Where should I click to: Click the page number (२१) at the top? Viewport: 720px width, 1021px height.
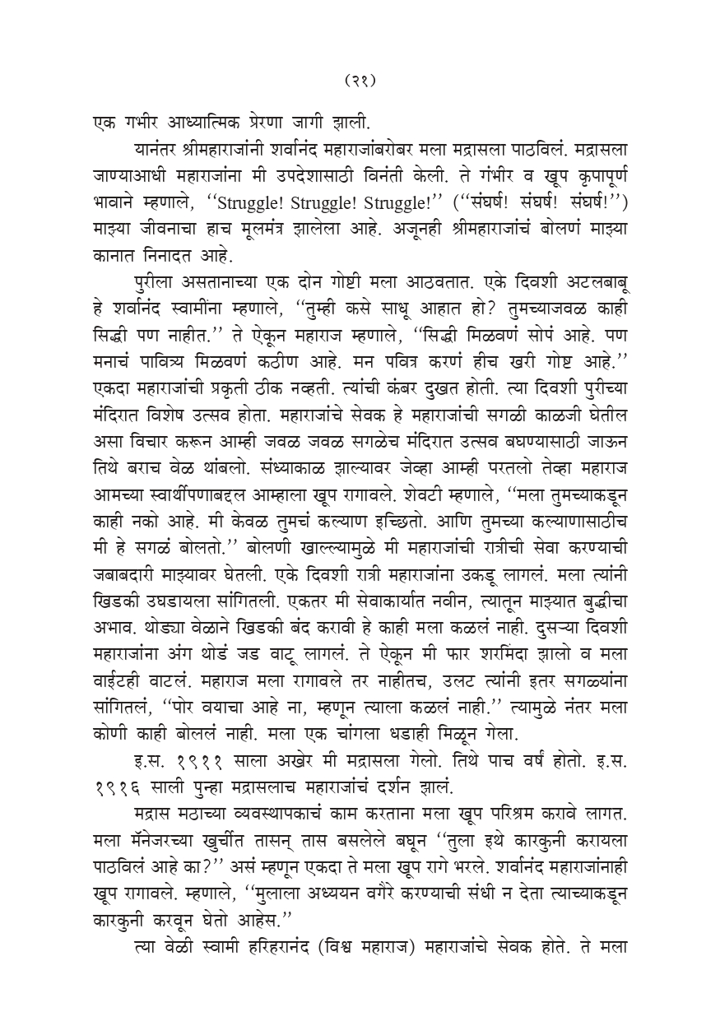click(360, 81)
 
